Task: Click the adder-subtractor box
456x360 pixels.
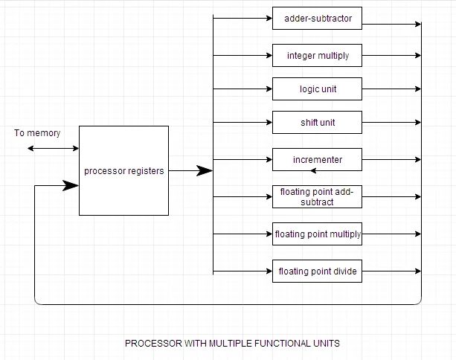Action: tap(317, 18)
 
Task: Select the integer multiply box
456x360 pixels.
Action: tap(317, 55)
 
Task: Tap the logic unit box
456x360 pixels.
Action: tap(317, 89)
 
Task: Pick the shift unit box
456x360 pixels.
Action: tap(317, 123)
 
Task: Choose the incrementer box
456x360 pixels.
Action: tap(317, 159)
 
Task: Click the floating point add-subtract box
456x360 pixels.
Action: tap(317, 197)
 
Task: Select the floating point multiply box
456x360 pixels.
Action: tap(317, 234)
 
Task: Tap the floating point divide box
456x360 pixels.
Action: tap(317, 271)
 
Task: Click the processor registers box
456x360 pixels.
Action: tap(123, 170)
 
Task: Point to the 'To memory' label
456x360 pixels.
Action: tap(37, 133)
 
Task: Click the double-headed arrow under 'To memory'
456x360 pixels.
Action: tap(53, 149)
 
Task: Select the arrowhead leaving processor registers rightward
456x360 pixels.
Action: tap(205, 171)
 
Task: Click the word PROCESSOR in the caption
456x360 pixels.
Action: tap(152, 344)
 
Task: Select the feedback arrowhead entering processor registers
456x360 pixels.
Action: tap(74, 186)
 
